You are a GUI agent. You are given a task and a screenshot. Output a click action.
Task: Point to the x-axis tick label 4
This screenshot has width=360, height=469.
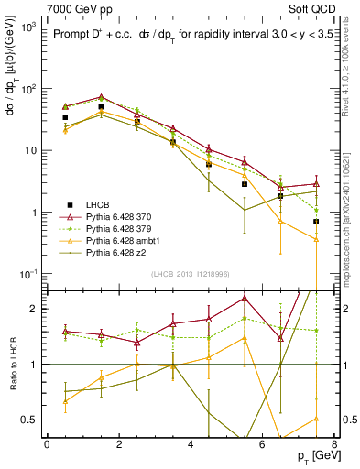click(x=191, y=442)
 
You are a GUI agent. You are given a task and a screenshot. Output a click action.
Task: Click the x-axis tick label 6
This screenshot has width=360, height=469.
click(x=262, y=442)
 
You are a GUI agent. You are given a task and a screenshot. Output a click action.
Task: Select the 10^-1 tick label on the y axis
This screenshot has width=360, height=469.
click(x=27, y=274)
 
